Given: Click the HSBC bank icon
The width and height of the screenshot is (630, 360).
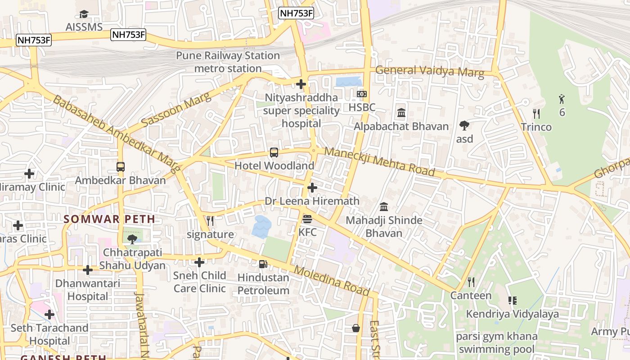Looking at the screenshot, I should (x=362, y=94).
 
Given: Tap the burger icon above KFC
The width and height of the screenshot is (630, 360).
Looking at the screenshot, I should (x=308, y=219).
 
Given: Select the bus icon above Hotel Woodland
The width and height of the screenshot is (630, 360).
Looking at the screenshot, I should (x=274, y=152).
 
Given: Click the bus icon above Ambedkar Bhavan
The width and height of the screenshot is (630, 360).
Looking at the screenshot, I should (x=121, y=167).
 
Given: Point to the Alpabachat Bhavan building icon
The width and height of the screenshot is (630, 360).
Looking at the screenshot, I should (x=401, y=113).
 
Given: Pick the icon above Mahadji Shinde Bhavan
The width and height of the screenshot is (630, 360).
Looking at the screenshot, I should (x=384, y=207).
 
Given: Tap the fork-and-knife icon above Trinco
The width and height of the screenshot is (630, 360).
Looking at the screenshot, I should (x=536, y=113).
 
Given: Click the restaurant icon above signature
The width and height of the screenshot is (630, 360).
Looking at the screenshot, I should (x=210, y=221).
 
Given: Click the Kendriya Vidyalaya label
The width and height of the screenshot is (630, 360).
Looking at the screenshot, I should (x=512, y=314).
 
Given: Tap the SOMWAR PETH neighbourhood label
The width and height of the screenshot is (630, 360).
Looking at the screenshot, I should (x=109, y=219).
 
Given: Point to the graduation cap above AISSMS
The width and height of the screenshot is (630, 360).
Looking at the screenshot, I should (x=84, y=14).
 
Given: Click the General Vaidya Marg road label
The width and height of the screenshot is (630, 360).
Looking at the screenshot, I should (x=429, y=71).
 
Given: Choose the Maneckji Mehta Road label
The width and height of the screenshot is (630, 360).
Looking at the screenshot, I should (x=379, y=161).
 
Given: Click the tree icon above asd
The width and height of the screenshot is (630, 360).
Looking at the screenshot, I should (x=464, y=126).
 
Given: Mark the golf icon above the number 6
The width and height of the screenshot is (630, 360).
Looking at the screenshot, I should (x=562, y=99).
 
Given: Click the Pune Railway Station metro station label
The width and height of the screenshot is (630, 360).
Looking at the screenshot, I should (x=228, y=62).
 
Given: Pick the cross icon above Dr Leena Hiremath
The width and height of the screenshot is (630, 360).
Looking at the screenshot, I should (x=312, y=188).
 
